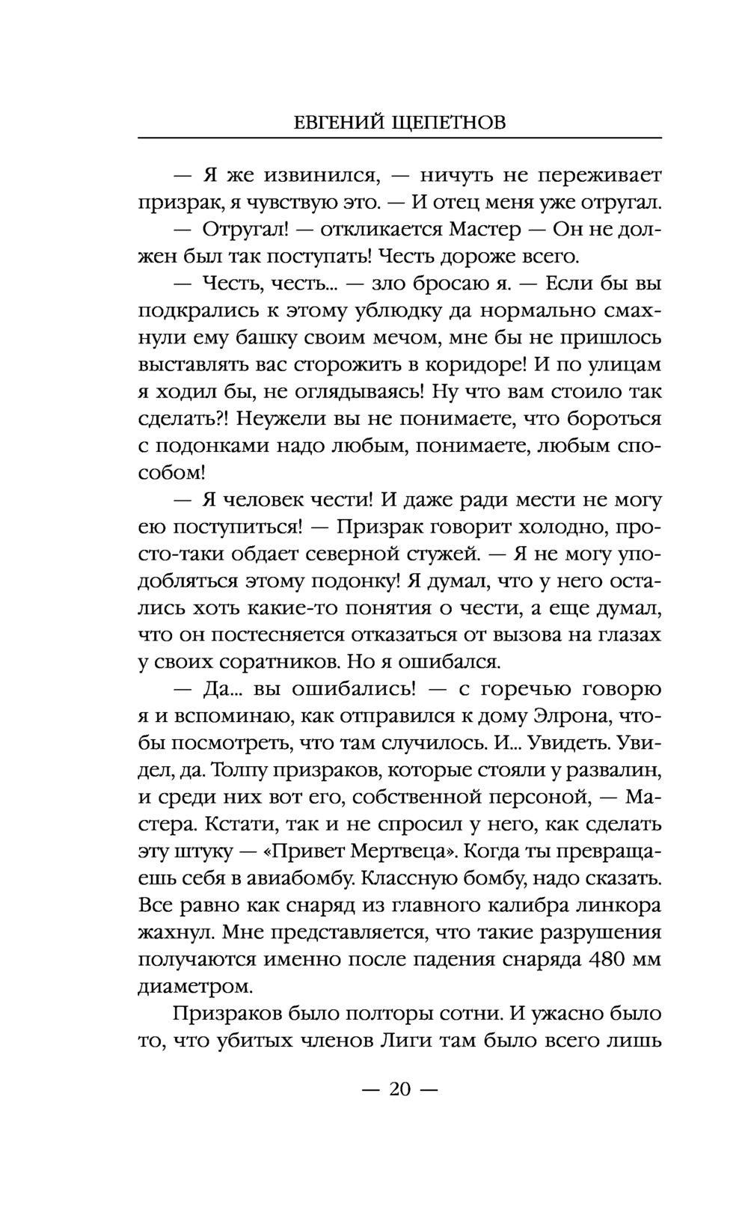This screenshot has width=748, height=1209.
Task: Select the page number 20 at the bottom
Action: click(x=400, y=1089)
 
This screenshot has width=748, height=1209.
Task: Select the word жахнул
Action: click(x=177, y=933)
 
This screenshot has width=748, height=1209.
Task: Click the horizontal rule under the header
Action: click(x=400, y=138)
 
